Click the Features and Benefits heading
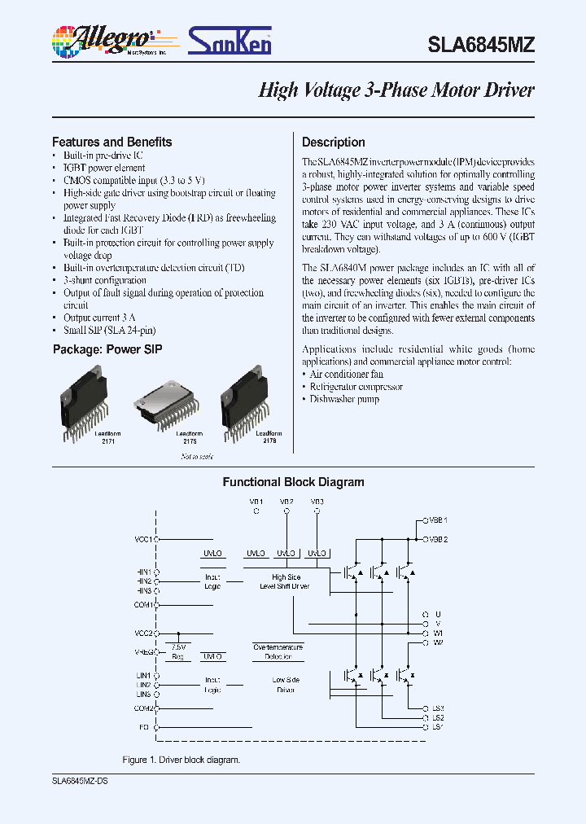(112, 142)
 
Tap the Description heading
(333, 142)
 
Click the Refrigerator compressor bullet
(356, 387)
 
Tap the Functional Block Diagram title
(293, 482)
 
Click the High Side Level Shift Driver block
(285, 581)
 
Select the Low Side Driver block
(285, 684)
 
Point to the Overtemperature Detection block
(278, 651)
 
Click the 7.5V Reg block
(177, 651)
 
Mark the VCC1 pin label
(143, 539)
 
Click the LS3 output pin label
(437, 708)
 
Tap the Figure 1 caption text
(181, 760)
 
